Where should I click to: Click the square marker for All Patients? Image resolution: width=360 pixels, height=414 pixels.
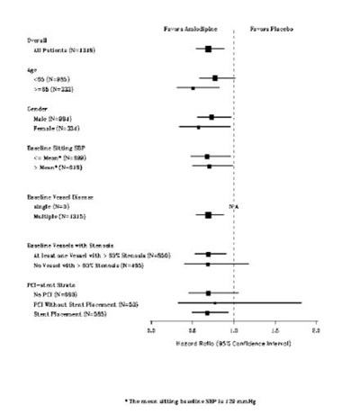click(209, 49)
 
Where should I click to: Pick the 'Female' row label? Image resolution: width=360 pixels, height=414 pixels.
click(62, 127)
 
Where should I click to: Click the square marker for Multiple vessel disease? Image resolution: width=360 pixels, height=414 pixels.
click(209, 215)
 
